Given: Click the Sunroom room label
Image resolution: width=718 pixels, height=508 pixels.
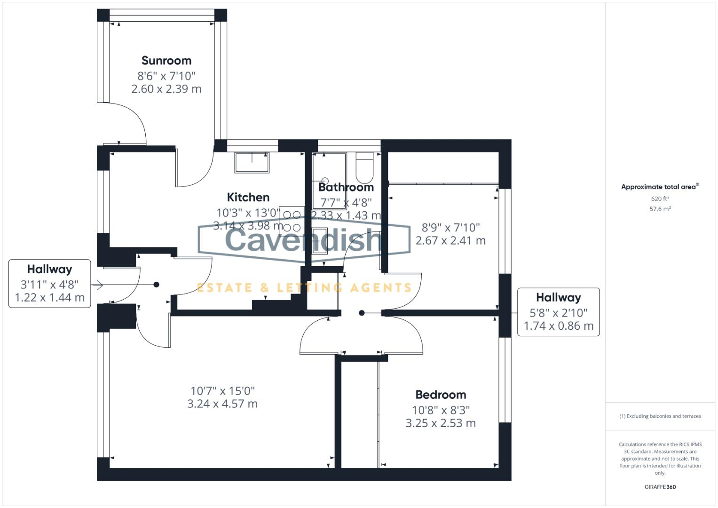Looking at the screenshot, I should pyautogui.click(x=166, y=61).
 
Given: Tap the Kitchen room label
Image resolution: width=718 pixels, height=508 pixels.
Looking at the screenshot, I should pyautogui.click(x=248, y=197).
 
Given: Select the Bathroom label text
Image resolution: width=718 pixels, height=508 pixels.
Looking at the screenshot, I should pyautogui.click(x=346, y=187).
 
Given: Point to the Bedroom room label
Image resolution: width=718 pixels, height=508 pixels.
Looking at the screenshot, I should pyautogui.click(x=441, y=395).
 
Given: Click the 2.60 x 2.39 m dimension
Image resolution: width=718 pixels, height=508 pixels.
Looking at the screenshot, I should pyautogui.click(x=166, y=89).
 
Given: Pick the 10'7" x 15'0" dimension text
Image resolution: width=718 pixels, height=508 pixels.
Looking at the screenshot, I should pyautogui.click(x=222, y=391).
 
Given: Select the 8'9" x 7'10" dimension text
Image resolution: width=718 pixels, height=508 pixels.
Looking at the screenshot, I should pyautogui.click(x=450, y=228).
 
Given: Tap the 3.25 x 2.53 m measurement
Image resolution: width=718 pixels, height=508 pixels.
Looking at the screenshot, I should pyautogui.click(x=441, y=423).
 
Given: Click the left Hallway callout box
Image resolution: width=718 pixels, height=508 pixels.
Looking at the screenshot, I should pyautogui.click(x=49, y=284).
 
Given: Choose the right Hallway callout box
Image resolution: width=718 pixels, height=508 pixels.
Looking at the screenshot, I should pyautogui.click(x=558, y=312).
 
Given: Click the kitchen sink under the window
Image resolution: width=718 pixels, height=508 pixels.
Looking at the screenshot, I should pyautogui.click(x=252, y=163).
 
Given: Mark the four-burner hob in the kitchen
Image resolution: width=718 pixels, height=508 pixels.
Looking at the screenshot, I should pyautogui.click(x=291, y=222).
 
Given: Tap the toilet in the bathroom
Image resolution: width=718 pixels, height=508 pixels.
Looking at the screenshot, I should pyautogui.click(x=364, y=168).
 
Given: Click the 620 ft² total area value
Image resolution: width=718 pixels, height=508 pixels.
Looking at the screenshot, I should pyautogui.click(x=660, y=199).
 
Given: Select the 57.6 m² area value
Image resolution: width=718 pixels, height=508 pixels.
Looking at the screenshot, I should pyautogui.click(x=660, y=209).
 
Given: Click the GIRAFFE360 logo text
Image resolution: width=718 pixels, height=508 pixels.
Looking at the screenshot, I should pyautogui.click(x=660, y=487).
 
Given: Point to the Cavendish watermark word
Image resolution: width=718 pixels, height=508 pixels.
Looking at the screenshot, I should pyautogui.click(x=303, y=239).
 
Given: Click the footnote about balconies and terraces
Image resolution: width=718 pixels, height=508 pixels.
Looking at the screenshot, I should pyautogui.click(x=660, y=416).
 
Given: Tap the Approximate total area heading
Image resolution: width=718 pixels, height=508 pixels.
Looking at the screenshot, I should pyautogui.click(x=660, y=187).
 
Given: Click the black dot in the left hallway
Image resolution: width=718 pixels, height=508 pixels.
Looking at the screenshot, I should pyautogui.click(x=157, y=285).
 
